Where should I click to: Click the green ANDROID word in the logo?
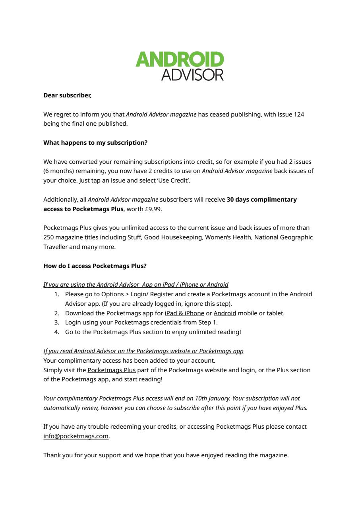(180, 60)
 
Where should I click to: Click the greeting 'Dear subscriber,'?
(67, 95)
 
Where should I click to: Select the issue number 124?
(299, 115)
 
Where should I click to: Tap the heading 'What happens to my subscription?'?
(95, 143)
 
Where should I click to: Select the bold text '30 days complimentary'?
(261, 200)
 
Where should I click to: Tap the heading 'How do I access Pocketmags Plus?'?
(95, 266)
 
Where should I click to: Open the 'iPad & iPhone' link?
(184, 313)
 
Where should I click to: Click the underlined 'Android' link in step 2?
(225, 313)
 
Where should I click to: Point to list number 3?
(56, 322)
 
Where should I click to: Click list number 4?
(56, 332)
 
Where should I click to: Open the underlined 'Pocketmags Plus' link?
(112, 370)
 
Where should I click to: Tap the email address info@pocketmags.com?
(76, 436)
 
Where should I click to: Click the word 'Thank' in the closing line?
(52, 455)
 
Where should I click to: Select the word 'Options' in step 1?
(113, 294)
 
